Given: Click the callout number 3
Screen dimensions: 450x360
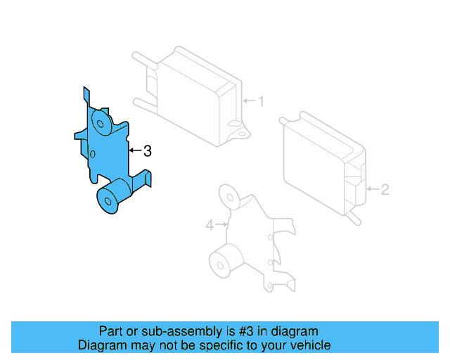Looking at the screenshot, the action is [147, 150].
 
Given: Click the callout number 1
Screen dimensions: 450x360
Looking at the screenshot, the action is [260, 102].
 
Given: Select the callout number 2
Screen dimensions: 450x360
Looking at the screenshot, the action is [385, 189].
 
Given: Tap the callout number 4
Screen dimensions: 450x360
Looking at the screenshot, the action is [209, 226].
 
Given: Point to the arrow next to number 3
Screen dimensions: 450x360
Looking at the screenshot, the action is [135, 150].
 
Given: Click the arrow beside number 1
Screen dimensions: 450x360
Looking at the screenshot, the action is [249, 102].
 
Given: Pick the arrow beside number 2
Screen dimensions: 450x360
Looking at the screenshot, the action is [373, 189].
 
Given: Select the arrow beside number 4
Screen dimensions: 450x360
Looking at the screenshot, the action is [221, 226].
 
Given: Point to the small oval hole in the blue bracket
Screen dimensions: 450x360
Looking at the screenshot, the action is [93, 154].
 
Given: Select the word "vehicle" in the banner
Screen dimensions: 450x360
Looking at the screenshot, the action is [308, 345].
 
